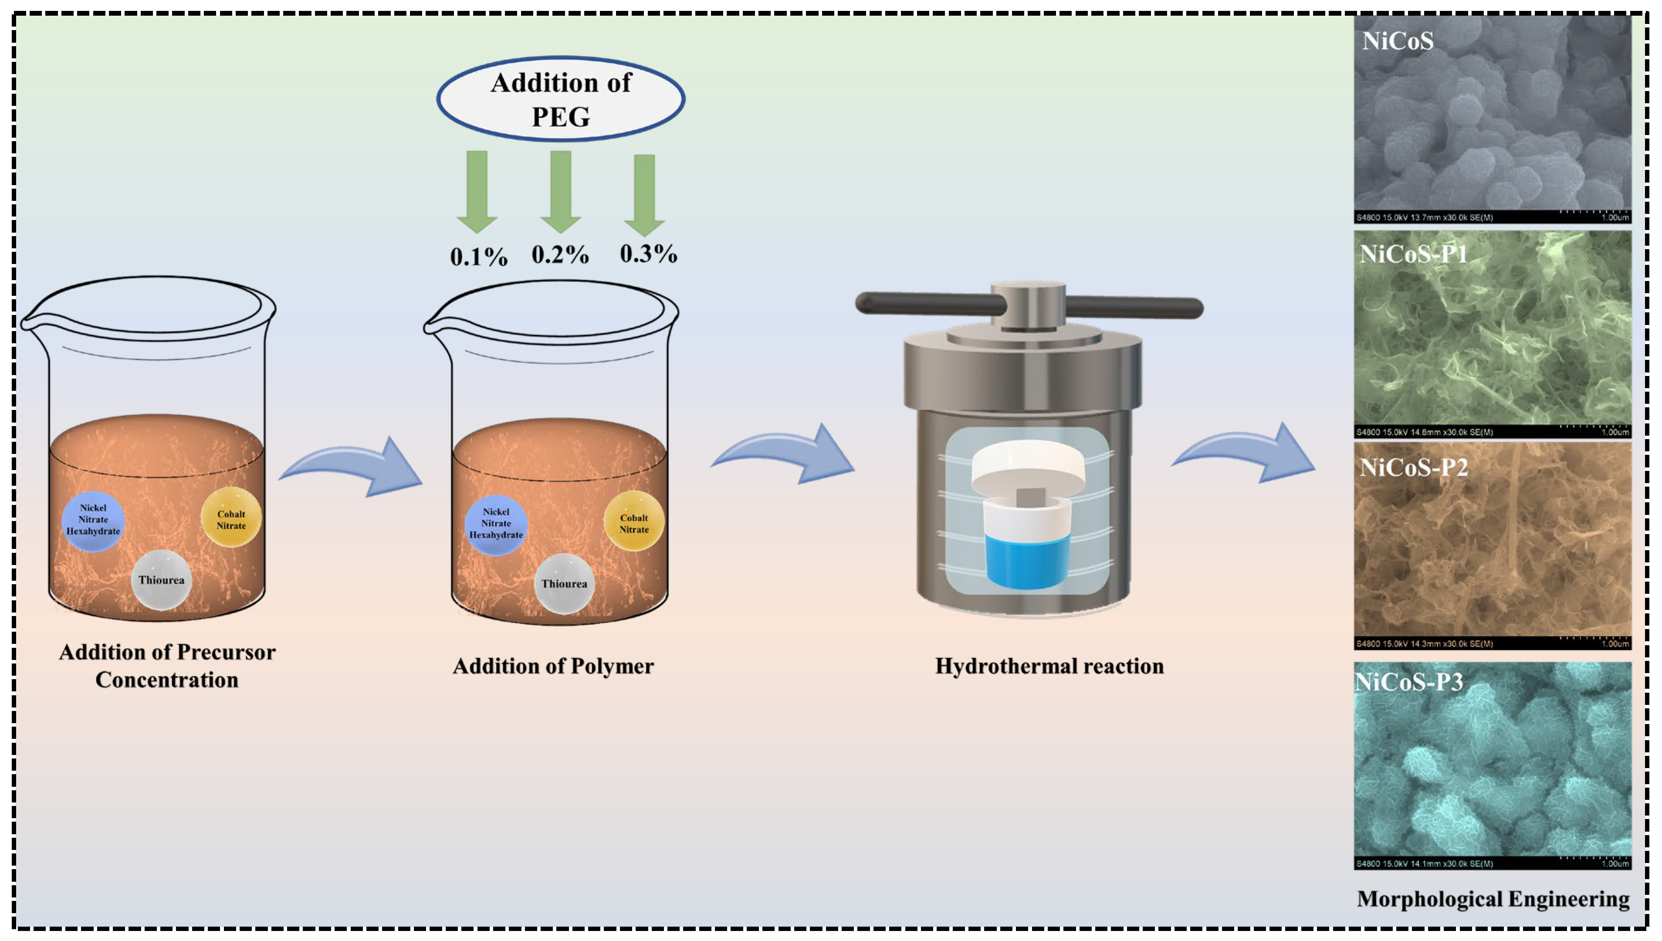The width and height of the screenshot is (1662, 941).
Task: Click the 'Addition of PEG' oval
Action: coord(560,99)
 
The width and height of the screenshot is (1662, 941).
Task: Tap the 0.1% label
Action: coord(479,257)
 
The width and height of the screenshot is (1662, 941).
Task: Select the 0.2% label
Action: coord(560,255)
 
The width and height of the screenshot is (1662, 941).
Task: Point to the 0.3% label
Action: coord(648,254)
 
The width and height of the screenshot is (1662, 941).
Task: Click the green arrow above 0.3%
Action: coord(644,194)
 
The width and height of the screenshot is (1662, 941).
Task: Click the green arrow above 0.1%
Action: coord(477,191)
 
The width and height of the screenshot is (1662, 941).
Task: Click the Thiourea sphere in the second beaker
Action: coord(564,584)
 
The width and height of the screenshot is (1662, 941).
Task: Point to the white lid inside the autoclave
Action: coord(1027,465)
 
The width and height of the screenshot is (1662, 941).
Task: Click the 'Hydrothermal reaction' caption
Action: coord(1049,666)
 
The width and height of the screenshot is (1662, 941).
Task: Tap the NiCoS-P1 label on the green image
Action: coord(1413,254)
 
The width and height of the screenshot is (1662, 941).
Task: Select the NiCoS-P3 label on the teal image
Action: coord(1409,682)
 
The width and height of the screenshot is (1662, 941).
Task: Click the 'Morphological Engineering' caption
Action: coord(1493,898)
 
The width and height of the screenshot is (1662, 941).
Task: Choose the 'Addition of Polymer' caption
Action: coord(553,666)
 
